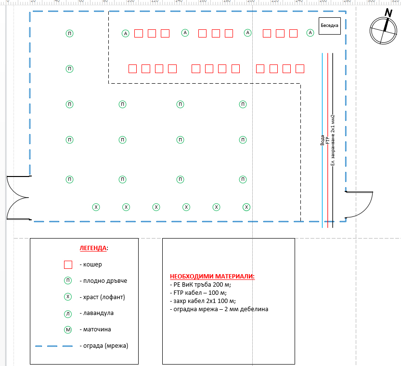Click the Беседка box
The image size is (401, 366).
(330, 25)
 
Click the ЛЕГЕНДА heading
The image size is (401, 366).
(93, 248)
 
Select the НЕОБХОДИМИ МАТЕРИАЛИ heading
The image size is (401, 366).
(212, 277)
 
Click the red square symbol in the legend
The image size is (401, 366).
(68, 265)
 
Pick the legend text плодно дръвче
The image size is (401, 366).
(105, 281)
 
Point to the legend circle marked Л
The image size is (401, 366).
(68, 314)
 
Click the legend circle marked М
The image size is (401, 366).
(68, 330)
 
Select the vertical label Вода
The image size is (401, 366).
(322, 140)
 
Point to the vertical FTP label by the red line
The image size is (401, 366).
(327, 140)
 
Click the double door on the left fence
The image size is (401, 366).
(18, 198)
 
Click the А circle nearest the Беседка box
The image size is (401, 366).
(310, 33)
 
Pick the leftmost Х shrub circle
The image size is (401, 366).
(96, 207)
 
